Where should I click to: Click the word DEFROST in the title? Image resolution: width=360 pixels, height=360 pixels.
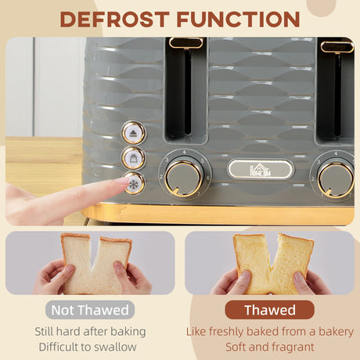[115, 19]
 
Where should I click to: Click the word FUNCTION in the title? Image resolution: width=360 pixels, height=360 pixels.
[238, 19]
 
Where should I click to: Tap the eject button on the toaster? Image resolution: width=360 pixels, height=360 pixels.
[134, 133]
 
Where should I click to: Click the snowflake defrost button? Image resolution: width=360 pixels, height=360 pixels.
[134, 183]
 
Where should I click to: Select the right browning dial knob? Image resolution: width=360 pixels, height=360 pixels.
[337, 179]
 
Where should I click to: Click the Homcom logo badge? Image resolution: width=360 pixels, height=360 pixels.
[261, 170]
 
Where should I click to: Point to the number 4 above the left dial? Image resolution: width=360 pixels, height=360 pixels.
[184, 152]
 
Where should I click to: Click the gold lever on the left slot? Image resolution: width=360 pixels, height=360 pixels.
[185, 43]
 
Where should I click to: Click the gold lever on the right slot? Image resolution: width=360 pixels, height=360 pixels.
[337, 47]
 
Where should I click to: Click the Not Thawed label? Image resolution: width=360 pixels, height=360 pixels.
[90, 310]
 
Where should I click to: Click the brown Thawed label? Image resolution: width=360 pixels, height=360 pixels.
[270, 310]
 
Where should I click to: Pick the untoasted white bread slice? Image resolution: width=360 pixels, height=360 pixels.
[96, 264]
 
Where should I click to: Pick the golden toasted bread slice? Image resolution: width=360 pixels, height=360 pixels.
[273, 264]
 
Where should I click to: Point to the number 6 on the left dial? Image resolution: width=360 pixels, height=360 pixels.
[208, 178]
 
